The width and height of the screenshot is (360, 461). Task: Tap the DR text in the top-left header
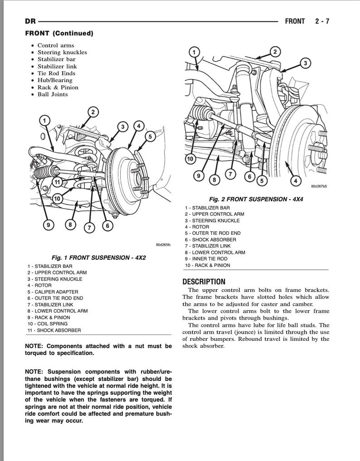(x=30, y=21)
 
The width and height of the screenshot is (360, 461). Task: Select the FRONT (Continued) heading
(x=59, y=34)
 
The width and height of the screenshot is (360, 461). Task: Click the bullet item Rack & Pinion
(x=58, y=87)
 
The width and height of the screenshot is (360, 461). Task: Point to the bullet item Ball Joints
(x=53, y=94)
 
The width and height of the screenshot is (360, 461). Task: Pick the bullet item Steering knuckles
(x=62, y=52)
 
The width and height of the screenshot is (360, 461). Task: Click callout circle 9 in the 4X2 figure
(x=47, y=224)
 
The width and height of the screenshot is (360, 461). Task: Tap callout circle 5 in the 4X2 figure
(x=150, y=136)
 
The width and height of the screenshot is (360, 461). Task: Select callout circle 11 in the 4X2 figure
(x=56, y=182)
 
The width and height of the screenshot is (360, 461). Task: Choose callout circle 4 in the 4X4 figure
(x=296, y=181)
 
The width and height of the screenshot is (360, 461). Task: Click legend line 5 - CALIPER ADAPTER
(x=53, y=292)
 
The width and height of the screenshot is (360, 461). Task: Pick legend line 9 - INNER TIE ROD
(x=206, y=259)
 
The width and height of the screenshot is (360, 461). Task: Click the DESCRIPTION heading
(x=204, y=281)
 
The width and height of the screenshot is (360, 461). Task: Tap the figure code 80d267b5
(x=320, y=186)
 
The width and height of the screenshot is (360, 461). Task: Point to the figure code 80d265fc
(x=163, y=244)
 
